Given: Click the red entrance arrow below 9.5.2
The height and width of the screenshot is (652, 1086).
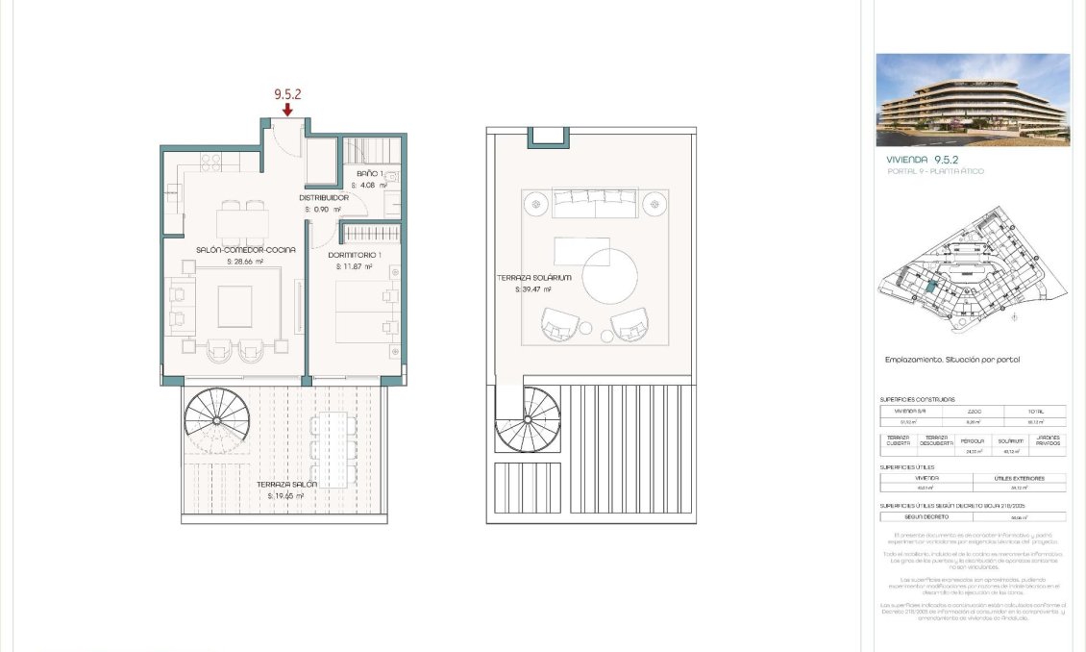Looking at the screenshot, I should (x=287, y=111).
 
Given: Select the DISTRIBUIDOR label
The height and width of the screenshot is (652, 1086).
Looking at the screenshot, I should (x=323, y=198).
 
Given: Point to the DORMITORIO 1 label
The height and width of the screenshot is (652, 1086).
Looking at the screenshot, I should (x=355, y=255).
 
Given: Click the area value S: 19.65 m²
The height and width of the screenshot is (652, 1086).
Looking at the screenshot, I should (x=285, y=496).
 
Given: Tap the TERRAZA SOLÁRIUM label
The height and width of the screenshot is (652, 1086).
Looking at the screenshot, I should (x=533, y=278).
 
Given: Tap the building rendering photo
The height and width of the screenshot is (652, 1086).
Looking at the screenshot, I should (x=973, y=99).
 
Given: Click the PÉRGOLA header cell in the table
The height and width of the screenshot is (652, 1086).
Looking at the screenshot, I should (x=973, y=440).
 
